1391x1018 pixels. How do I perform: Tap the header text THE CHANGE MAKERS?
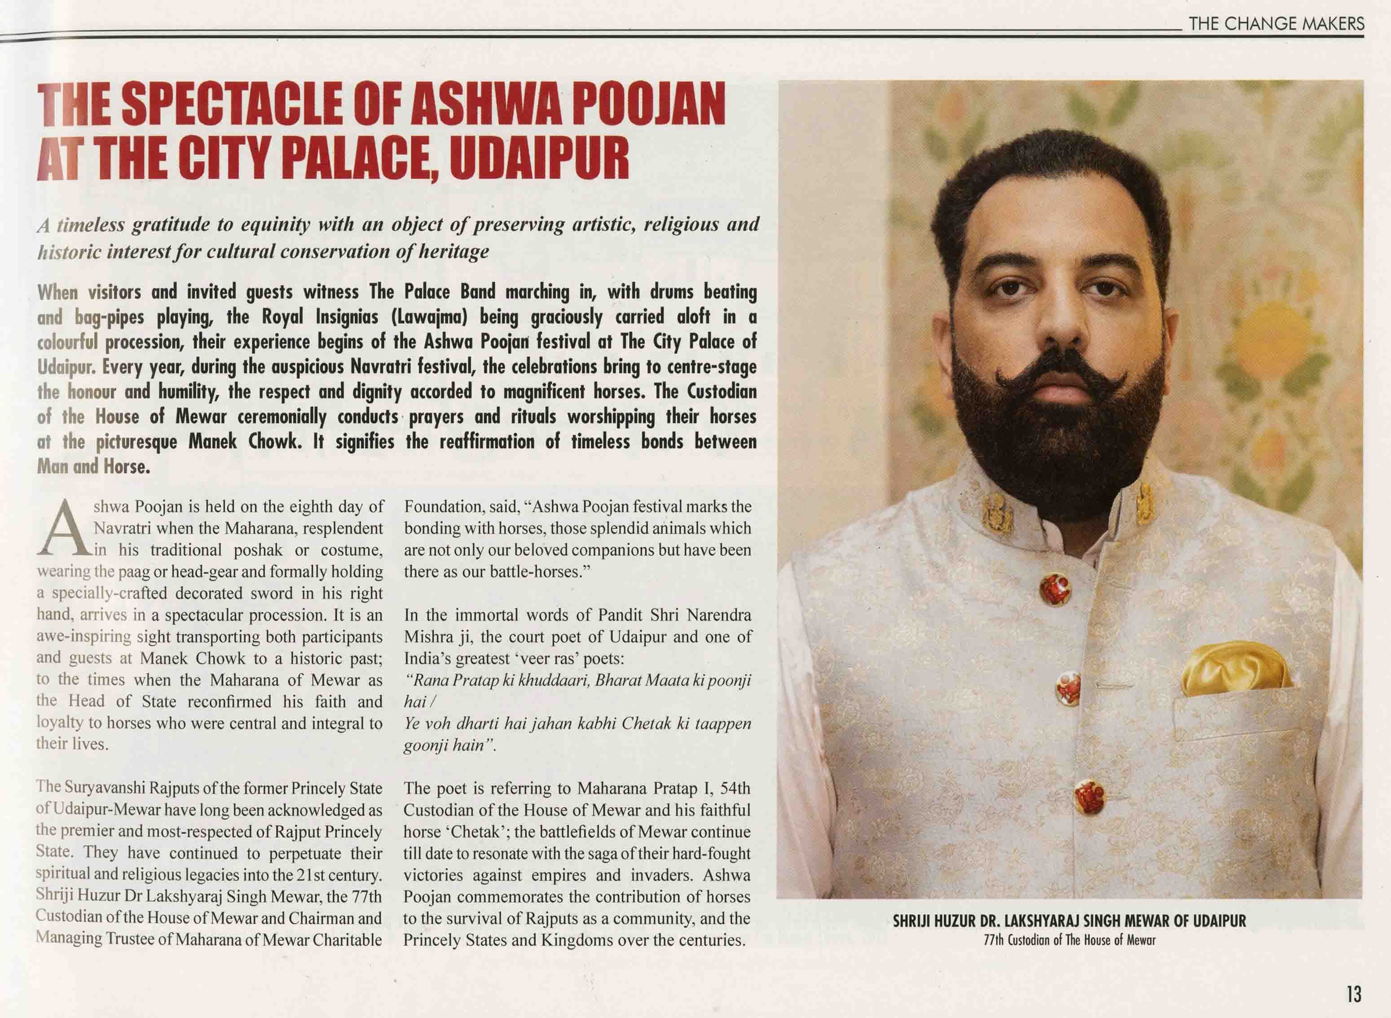coord(1277,24)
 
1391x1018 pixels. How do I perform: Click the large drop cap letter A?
coord(63,528)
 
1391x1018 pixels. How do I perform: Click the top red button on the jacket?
coord(1055,589)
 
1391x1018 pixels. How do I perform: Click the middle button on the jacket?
coord(1069,689)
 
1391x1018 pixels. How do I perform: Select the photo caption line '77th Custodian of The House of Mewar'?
coord(1069,940)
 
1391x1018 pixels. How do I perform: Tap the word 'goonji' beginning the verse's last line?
coord(426,746)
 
